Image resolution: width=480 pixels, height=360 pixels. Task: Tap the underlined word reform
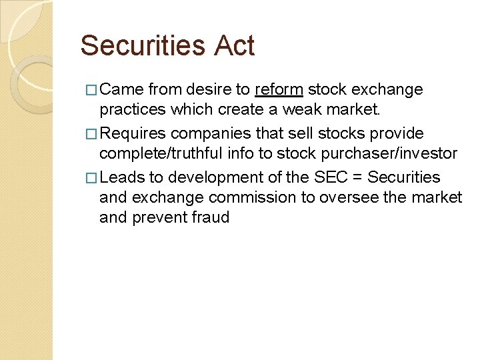coord(279,89)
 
